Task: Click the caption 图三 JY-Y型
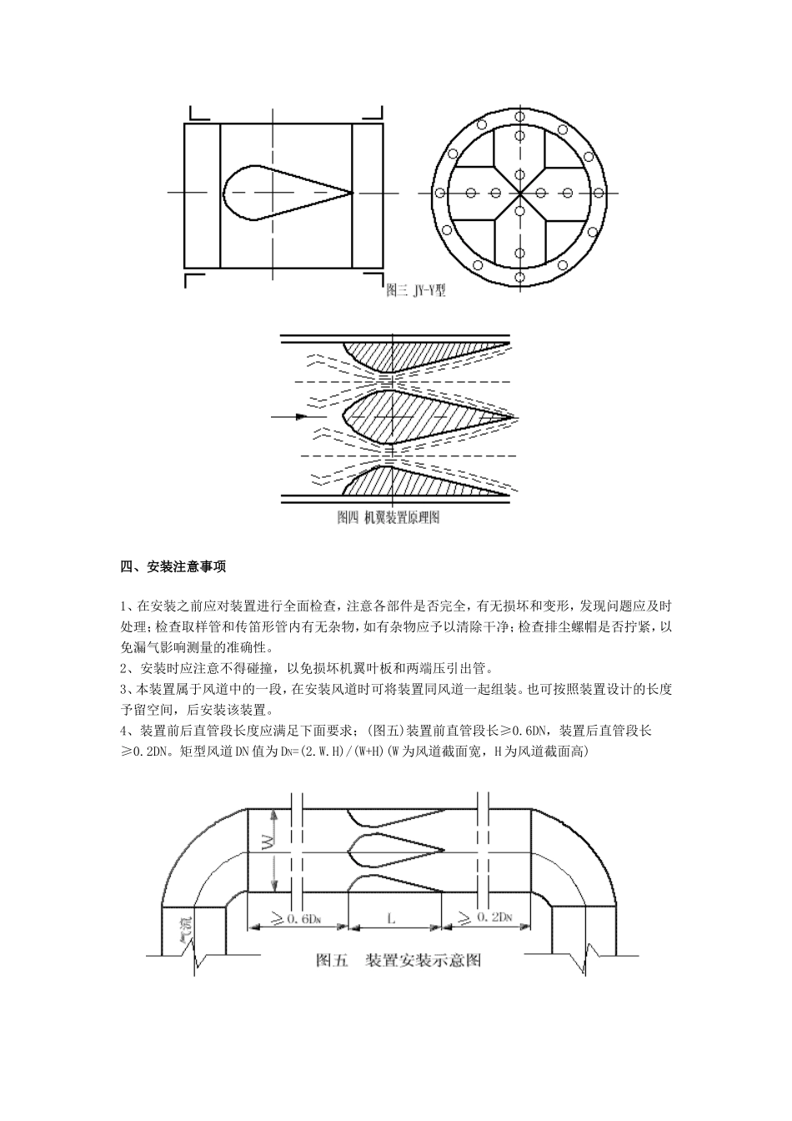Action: point(416,291)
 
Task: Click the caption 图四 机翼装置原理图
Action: point(388,517)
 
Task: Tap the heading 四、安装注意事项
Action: point(173,566)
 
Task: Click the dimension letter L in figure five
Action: point(391,918)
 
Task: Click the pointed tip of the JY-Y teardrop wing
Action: point(352,193)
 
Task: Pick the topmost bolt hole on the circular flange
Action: point(520,117)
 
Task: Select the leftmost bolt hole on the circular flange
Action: point(440,193)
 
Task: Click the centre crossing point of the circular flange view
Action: point(520,193)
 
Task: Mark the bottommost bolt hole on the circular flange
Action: point(520,277)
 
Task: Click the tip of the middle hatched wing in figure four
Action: point(514,417)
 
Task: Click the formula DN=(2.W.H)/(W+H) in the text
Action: point(329,752)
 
